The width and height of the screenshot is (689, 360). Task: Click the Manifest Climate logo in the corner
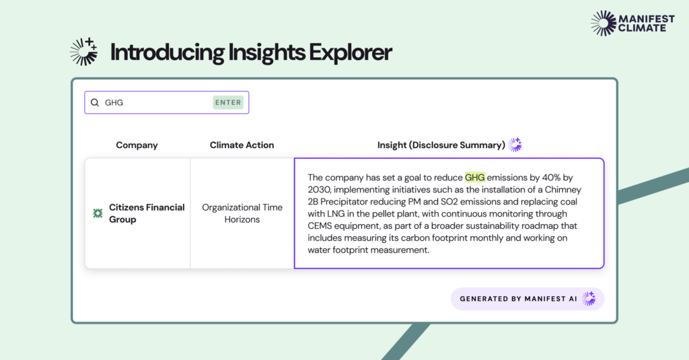[632, 24]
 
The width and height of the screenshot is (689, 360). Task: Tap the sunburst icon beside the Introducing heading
[83, 52]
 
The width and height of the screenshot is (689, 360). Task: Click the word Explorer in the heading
[350, 52]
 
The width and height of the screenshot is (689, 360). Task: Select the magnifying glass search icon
[94, 102]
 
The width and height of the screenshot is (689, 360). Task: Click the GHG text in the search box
[114, 102]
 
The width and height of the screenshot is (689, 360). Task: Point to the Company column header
[137, 145]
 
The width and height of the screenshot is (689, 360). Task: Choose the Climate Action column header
[242, 145]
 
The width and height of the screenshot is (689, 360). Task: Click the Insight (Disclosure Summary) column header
[441, 145]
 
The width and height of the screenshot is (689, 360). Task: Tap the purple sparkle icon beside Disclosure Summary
[515, 145]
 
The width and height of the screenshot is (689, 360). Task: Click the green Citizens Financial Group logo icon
[98, 213]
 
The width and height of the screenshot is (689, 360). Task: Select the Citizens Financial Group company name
[147, 213]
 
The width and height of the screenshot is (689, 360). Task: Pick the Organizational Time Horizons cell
[242, 213]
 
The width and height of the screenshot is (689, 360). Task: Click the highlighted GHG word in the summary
[475, 178]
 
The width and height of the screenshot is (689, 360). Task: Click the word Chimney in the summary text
[563, 190]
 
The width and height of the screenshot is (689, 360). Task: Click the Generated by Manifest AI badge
[528, 299]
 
